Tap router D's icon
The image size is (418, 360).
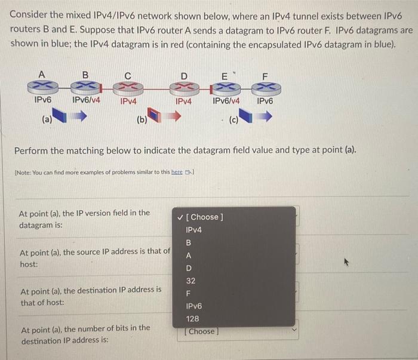point(183,87)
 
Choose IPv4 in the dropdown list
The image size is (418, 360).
point(194,230)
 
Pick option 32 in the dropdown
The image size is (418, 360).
point(190,280)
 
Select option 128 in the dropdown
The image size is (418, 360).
point(192,319)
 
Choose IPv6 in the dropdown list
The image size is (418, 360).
point(194,306)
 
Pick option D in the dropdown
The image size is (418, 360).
point(189,267)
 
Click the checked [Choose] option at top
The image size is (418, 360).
point(204,217)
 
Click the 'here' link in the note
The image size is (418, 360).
point(177,172)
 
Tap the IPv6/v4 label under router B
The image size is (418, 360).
point(86,101)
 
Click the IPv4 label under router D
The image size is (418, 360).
point(183,101)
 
